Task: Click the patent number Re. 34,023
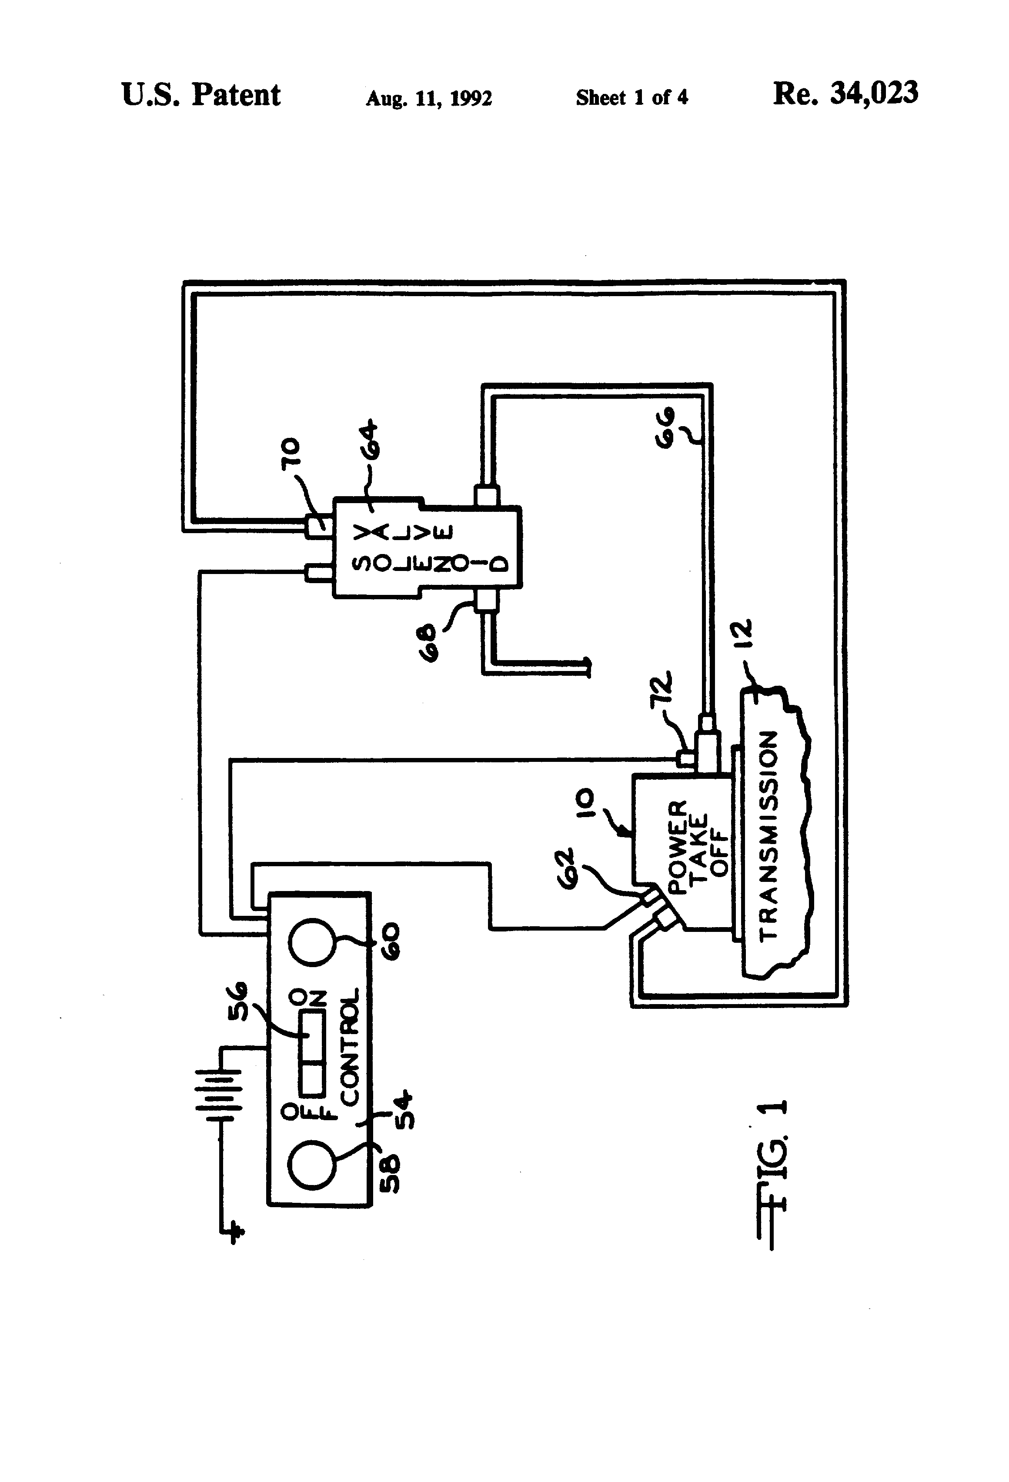(845, 94)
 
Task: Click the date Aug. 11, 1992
(428, 98)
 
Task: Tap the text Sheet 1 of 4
(631, 97)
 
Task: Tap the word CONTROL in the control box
(350, 1046)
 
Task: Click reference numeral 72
(662, 690)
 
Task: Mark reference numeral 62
(566, 867)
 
